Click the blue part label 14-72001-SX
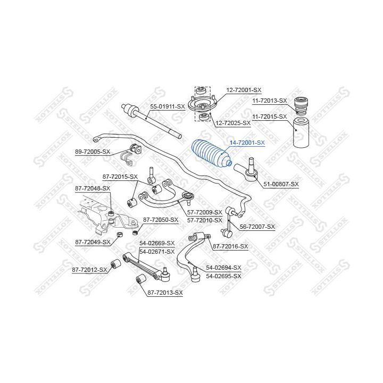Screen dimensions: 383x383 [x=247, y=143]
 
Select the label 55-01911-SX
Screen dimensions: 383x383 [x=168, y=106]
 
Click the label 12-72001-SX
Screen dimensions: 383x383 [x=244, y=90]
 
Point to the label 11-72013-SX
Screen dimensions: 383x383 [x=269, y=101]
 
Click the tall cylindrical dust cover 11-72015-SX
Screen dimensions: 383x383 [x=301, y=132]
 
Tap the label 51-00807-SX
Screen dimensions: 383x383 [x=281, y=184]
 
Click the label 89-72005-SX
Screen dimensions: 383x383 [x=93, y=152]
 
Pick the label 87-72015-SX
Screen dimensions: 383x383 [x=120, y=177]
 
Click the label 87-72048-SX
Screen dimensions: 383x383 [x=93, y=188]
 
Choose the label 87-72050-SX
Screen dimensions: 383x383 [x=161, y=220]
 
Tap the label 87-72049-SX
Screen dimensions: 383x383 [x=93, y=243]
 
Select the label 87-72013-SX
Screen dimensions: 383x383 [x=165, y=293]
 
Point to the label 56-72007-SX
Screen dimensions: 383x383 [x=257, y=227]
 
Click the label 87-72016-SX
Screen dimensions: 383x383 [x=230, y=246]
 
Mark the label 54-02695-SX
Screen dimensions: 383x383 [x=223, y=276]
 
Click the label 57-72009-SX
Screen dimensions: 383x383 [x=205, y=212]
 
